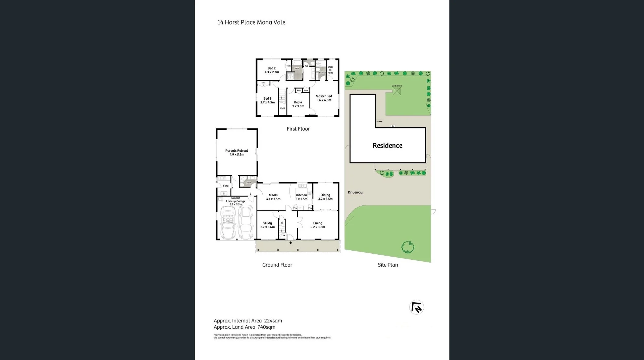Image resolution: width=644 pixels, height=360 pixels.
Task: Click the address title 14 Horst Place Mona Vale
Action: (251, 22)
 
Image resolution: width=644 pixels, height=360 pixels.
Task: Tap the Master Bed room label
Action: (324, 98)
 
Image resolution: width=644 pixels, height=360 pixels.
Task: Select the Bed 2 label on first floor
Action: (272, 70)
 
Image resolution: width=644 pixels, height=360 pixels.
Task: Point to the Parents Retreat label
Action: (236, 152)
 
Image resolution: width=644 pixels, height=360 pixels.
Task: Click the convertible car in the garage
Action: (228, 222)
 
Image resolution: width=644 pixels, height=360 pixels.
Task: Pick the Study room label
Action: (267, 225)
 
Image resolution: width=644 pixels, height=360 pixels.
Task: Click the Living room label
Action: (318, 225)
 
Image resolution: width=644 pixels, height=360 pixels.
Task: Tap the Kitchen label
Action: (301, 197)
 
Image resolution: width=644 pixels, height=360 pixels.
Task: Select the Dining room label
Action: (325, 197)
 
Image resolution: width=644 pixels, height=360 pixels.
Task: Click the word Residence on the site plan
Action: (387, 146)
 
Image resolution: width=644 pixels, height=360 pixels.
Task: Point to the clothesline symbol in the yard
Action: (396, 91)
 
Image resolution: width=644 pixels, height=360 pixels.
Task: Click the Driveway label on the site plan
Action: (355, 192)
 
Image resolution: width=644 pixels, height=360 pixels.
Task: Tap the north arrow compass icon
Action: (417, 307)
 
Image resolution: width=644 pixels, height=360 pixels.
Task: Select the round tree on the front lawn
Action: (408, 247)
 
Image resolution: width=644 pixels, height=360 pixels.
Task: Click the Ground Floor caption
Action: (277, 265)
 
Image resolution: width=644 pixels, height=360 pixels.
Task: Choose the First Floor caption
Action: (298, 129)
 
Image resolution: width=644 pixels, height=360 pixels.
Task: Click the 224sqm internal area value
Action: (273, 321)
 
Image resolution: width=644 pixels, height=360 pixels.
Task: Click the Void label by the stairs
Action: (282, 108)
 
